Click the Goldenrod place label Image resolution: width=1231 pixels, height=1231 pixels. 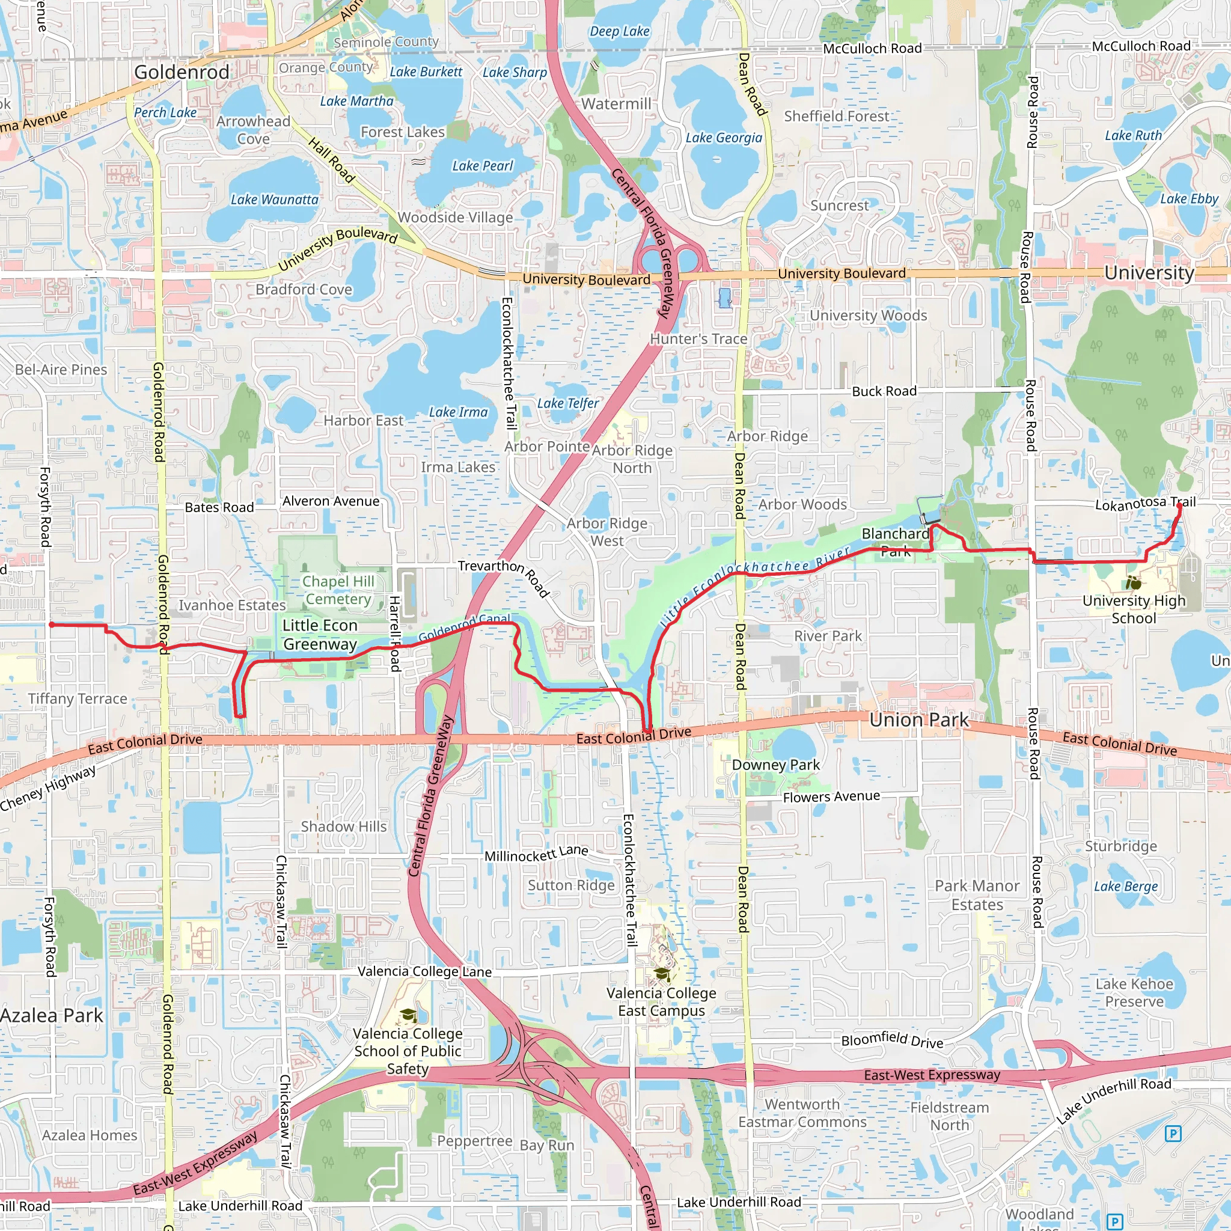(x=182, y=72)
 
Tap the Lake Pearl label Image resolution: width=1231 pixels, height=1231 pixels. (x=482, y=166)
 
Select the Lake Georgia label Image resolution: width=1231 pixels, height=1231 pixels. (x=724, y=138)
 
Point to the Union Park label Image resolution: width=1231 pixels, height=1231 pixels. (x=919, y=720)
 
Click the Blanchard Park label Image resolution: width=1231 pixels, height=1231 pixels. (x=895, y=542)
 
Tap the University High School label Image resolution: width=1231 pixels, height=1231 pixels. (x=1134, y=609)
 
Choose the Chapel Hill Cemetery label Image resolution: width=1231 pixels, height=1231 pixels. (x=338, y=590)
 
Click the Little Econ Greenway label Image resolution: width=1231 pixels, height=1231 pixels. (x=320, y=635)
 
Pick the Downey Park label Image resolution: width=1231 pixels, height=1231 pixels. (x=775, y=765)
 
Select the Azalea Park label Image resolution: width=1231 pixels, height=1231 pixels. (x=51, y=1016)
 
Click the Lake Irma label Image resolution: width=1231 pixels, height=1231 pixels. (x=458, y=412)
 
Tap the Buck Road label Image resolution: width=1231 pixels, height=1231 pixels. (x=884, y=391)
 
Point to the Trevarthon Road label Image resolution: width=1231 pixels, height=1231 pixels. (x=503, y=576)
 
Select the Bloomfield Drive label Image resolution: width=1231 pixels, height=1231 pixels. (x=892, y=1040)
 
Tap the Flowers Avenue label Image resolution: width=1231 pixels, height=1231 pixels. (x=831, y=796)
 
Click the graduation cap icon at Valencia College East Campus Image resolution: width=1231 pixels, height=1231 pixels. (x=662, y=974)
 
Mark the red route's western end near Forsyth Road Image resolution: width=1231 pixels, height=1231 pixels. (x=52, y=625)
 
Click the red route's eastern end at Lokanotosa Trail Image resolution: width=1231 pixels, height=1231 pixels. (x=1179, y=507)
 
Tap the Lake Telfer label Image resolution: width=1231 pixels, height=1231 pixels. (x=567, y=403)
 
